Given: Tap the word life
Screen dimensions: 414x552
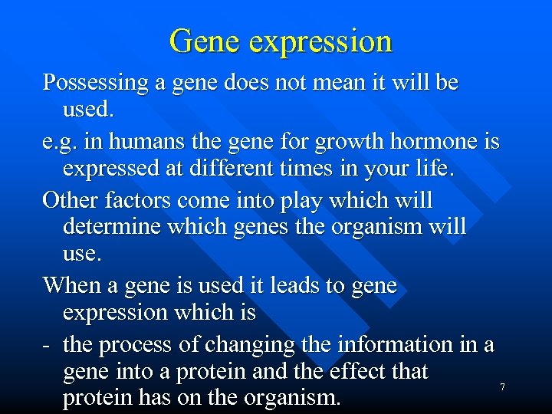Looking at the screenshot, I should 438,169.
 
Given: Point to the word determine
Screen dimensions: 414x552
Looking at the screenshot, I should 117,228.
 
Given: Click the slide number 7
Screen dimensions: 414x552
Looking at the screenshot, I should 502,387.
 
